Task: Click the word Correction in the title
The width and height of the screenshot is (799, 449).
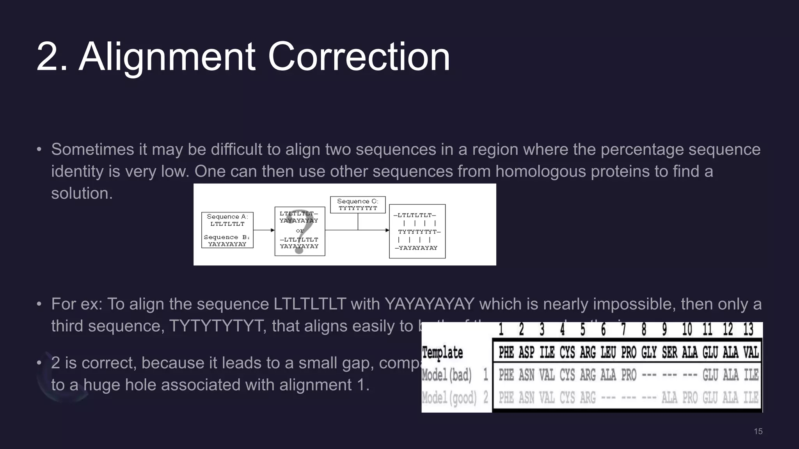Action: pos(359,57)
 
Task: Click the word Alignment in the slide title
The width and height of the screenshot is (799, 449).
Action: pos(167,57)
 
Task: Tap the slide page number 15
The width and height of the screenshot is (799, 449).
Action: pos(758,431)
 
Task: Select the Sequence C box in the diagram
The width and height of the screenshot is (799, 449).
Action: pos(358,205)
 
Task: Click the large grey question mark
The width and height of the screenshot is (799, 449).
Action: pos(299,231)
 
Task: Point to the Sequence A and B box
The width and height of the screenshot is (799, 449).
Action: pos(227,230)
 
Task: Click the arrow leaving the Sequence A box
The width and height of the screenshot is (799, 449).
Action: pos(264,230)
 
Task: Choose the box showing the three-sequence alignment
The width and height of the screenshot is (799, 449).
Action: pos(417,231)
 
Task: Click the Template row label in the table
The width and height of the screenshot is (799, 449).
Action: pos(442,352)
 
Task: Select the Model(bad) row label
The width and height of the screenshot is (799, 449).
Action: pos(447,375)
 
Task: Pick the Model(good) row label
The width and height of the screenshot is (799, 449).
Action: pos(449,398)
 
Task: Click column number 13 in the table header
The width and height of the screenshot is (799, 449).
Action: pos(748,330)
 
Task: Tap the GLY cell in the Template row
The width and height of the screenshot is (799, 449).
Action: pos(649,352)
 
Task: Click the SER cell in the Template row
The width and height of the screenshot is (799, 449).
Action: pos(669,352)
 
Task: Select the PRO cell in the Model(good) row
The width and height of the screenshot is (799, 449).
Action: pos(690,398)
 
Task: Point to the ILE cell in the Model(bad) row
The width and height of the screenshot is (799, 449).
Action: pos(751,375)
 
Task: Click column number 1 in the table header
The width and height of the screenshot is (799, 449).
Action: pos(501,330)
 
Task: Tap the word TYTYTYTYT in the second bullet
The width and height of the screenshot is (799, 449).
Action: pos(216,326)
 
